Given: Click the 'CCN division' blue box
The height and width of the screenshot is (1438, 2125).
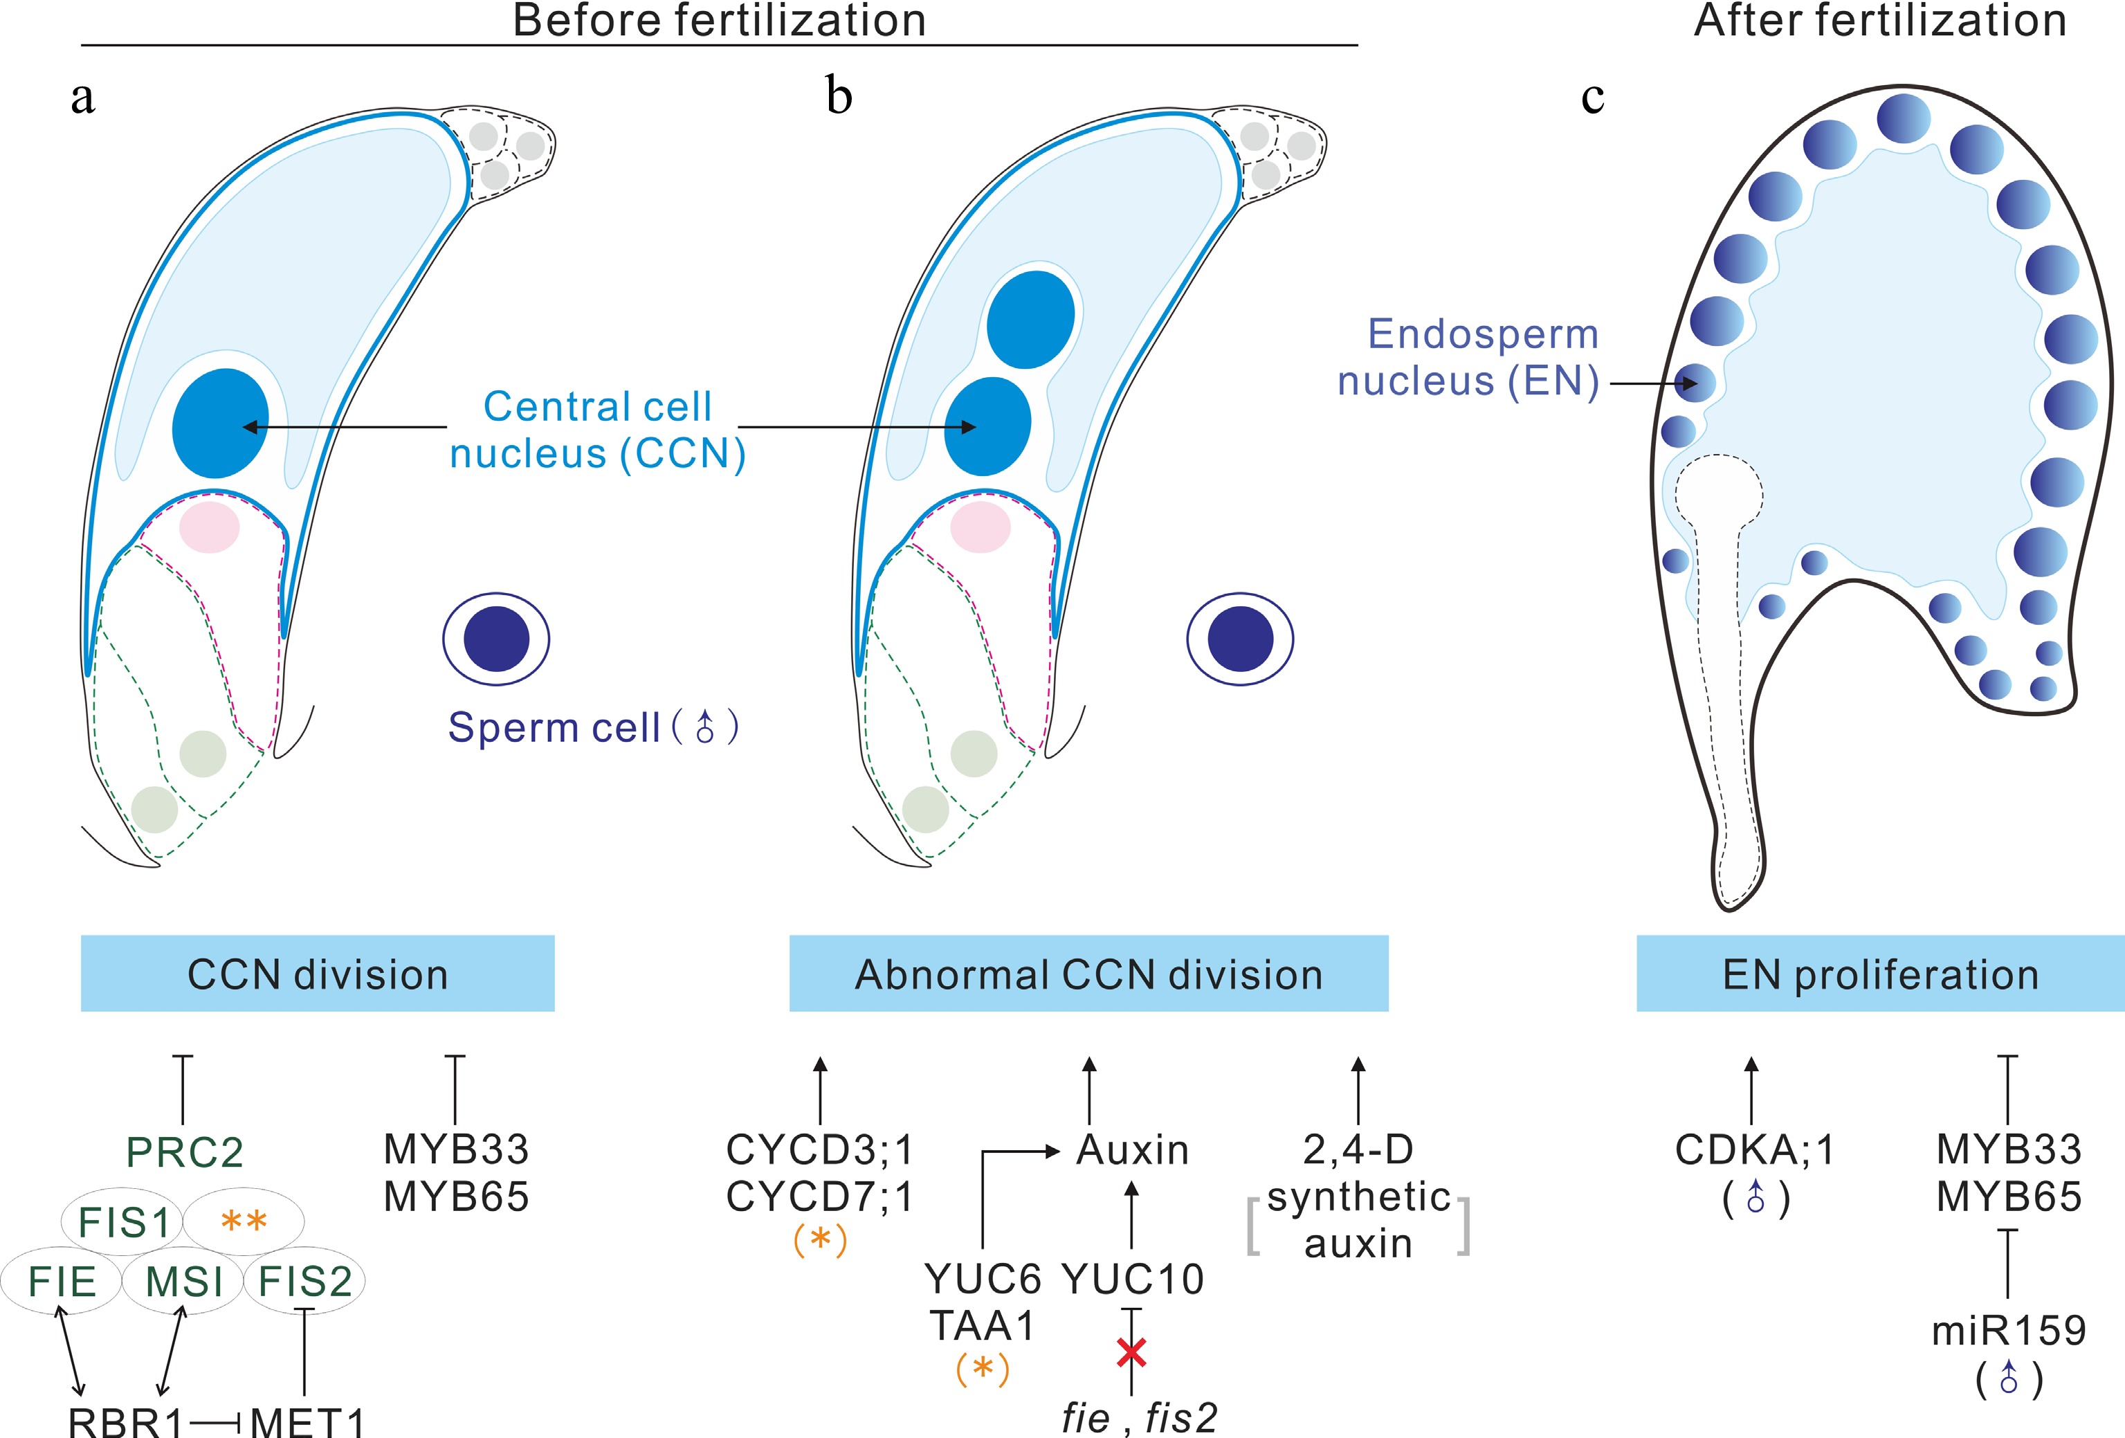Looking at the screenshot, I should [x=318, y=974].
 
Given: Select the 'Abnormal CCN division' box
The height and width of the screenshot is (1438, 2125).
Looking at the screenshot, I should [x=1088, y=974].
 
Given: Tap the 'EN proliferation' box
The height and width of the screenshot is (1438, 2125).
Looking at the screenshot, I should [x=1880, y=974].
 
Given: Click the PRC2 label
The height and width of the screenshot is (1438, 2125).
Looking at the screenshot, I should [x=185, y=1152].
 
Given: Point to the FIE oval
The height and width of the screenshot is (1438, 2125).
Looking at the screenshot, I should [x=62, y=1281].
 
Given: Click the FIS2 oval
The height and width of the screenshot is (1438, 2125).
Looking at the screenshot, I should [x=304, y=1281].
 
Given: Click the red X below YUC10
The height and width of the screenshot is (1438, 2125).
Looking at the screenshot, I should [x=1132, y=1352].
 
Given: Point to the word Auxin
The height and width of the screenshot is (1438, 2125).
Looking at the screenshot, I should [x=1133, y=1150].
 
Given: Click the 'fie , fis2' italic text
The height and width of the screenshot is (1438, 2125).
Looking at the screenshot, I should [x=1139, y=1418].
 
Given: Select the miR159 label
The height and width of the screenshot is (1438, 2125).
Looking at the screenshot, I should [x=2009, y=1330].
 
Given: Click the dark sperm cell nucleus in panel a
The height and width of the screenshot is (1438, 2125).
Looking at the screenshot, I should [x=497, y=638].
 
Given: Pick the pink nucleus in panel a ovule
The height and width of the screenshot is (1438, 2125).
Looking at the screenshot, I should [x=210, y=527].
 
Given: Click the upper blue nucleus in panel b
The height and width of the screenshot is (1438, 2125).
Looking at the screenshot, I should [x=1030, y=319].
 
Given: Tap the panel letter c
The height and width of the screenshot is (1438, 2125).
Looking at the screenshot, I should [x=1592, y=96].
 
